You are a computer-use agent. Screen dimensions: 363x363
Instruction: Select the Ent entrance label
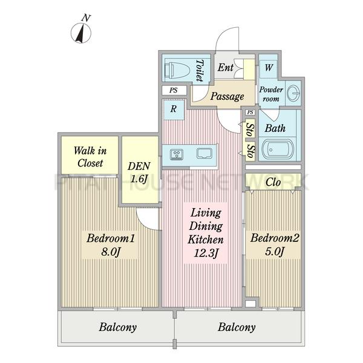tap(226, 68)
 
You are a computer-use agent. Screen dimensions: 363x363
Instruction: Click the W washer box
tap(267, 68)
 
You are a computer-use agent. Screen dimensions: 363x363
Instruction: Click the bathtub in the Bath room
tap(276, 148)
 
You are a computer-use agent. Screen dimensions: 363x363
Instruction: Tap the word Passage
tap(227, 96)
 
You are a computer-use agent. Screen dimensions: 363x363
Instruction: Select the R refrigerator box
tap(173, 110)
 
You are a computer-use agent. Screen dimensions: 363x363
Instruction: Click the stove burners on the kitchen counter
tap(177, 154)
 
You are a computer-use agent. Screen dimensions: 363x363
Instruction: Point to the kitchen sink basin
tap(204, 154)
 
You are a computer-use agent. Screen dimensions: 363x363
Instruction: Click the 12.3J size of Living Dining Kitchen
tap(206, 252)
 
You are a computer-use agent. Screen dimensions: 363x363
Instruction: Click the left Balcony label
tap(117, 327)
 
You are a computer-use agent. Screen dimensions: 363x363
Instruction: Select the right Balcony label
tap(237, 327)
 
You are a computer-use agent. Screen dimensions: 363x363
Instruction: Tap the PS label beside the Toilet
tap(174, 91)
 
